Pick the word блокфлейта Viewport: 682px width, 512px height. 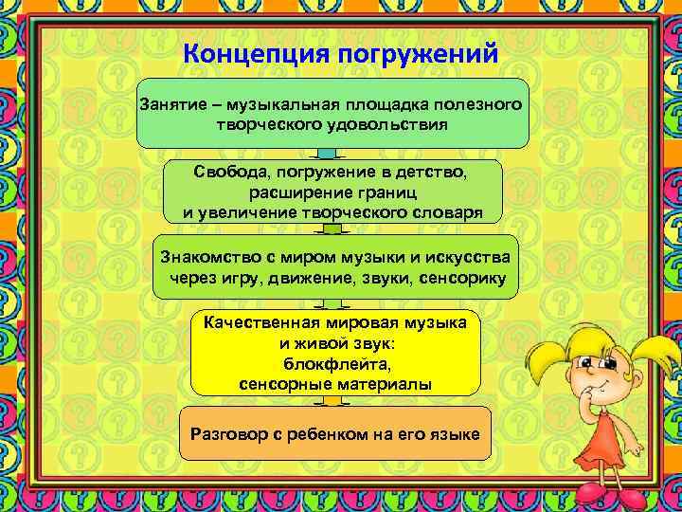(336, 364)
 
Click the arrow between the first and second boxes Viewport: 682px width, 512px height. (327, 155)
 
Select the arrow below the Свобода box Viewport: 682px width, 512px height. (332, 229)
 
